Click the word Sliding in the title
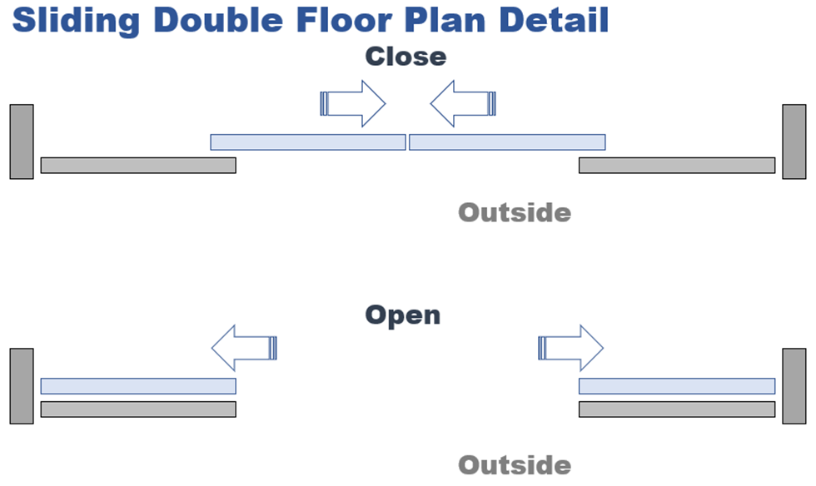[x=76, y=22]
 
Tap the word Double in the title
[x=218, y=20]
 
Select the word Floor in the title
[x=344, y=20]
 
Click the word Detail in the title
[x=554, y=20]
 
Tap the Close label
[x=406, y=57]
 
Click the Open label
[x=403, y=315]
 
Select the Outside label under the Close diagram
[x=515, y=213]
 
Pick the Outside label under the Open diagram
[x=515, y=465]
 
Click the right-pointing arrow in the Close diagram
[x=353, y=103]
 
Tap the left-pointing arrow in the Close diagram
[x=463, y=103]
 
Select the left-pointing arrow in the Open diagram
[x=244, y=348]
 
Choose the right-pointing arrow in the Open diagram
[x=571, y=348]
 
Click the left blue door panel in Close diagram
[x=308, y=142]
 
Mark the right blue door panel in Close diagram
[x=507, y=142]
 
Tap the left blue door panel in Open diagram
[x=138, y=386]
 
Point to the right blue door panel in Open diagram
[x=677, y=386]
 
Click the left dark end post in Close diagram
[x=22, y=141]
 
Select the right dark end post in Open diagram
[x=794, y=386]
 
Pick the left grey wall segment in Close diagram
[x=138, y=166]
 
